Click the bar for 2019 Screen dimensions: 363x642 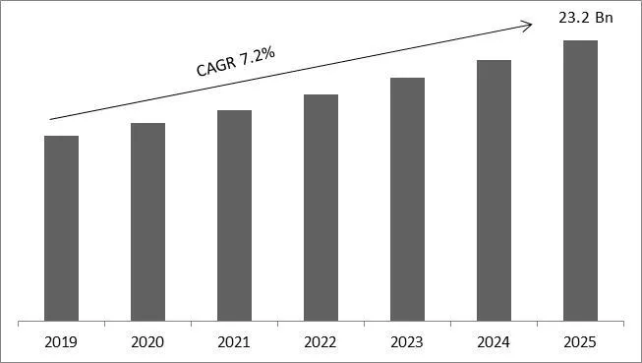[x=61, y=228]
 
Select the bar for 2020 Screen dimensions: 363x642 [x=147, y=222]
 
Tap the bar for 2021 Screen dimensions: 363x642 [x=234, y=215]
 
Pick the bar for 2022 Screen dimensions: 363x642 [x=321, y=208]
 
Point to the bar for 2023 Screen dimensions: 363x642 [x=407, y=199]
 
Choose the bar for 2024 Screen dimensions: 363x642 [x=494, y=190]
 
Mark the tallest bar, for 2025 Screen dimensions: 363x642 [x=580, y=180]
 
